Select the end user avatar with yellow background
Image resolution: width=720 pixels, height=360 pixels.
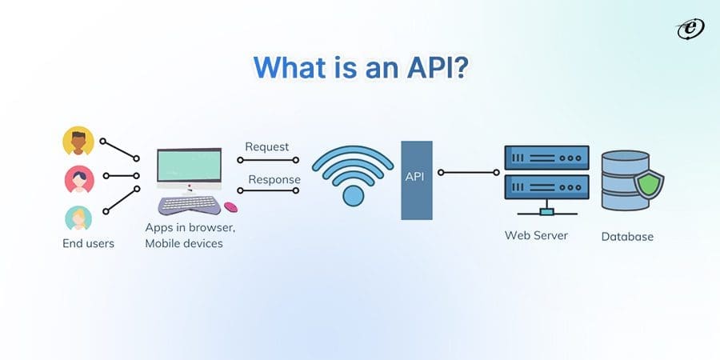point(78,142)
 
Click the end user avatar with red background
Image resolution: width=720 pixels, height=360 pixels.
point(78,178)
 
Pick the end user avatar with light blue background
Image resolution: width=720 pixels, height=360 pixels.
point(78,218)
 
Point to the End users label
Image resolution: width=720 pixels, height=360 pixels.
point(88,243)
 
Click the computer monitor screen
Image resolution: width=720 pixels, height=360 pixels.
point(189,166)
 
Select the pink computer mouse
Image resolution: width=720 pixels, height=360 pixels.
point(230,207)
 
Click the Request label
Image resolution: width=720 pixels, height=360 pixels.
point(267,146)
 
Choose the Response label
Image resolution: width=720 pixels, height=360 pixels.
point(274,179)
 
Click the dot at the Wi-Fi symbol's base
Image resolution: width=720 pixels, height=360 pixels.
point(352,195)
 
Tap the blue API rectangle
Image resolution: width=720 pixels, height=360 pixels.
point(417,180)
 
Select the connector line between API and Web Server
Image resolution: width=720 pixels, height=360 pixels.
point(470,172)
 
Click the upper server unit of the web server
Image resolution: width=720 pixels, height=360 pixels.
point(546,157)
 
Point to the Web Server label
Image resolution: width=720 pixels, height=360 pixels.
point(536,235)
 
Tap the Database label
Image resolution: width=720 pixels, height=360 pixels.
point(627,236)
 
